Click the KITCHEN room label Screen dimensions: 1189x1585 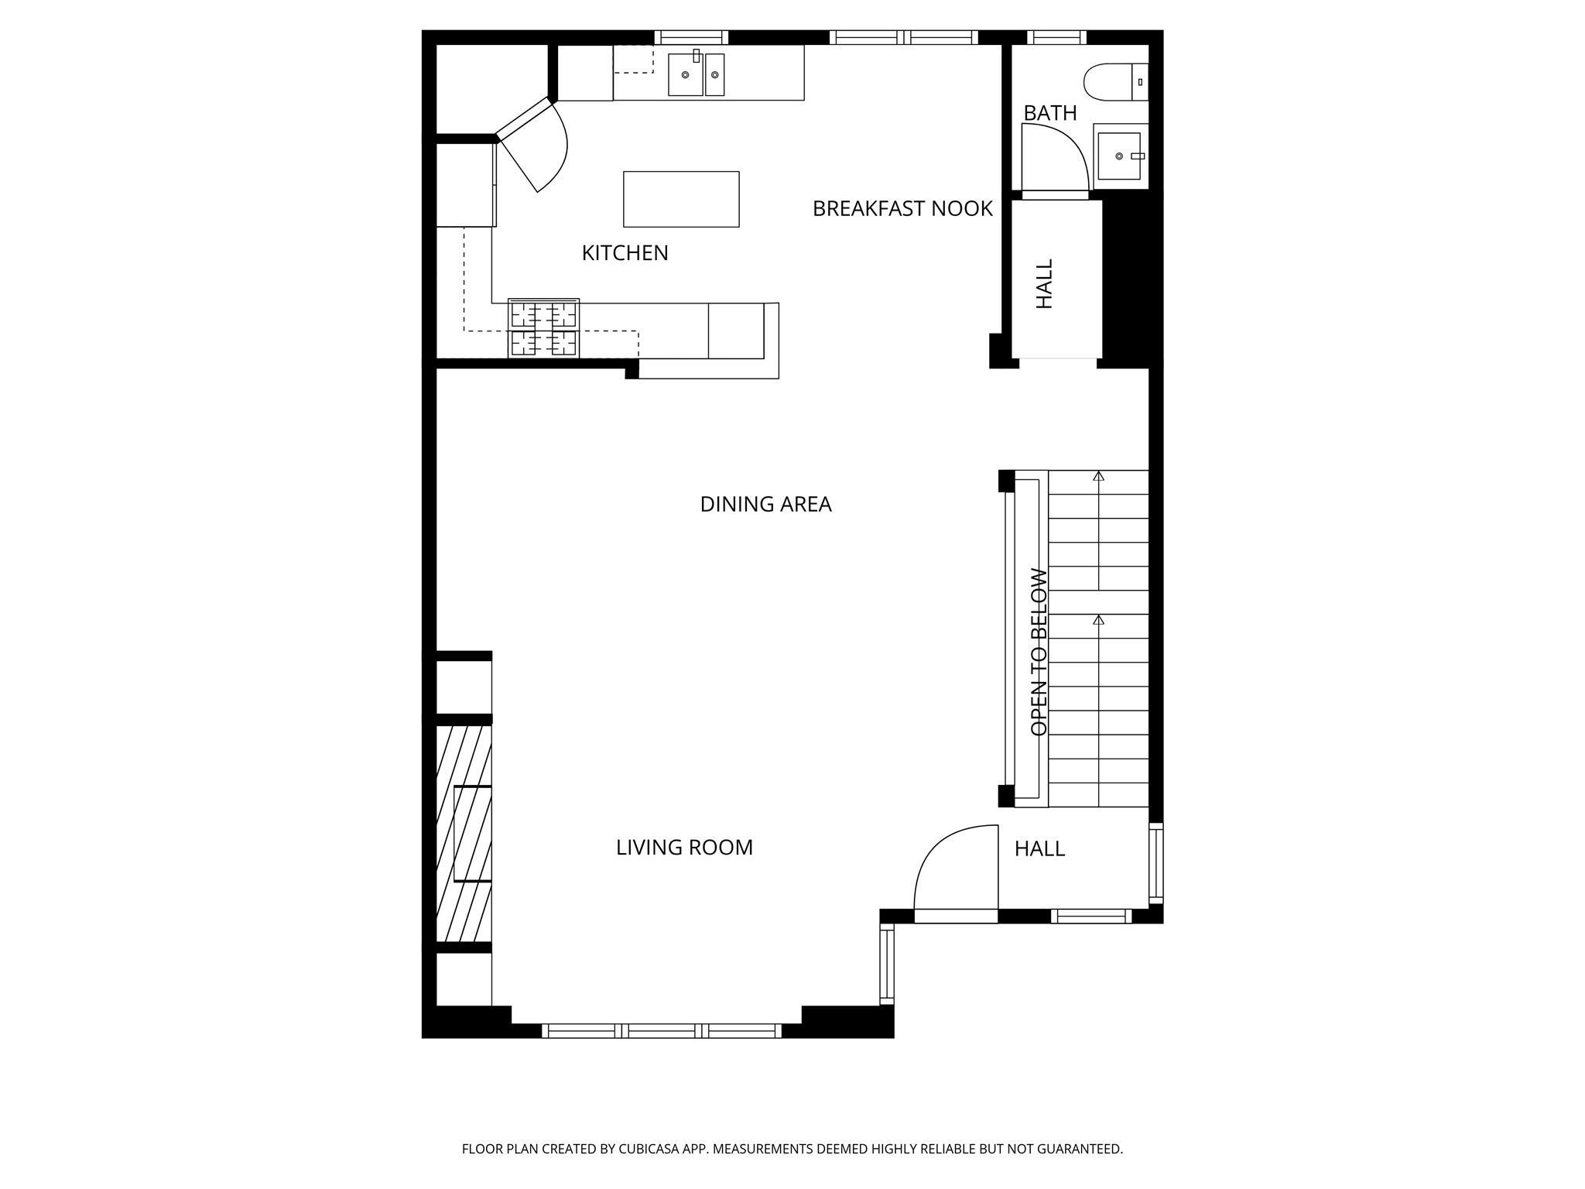[625, 253]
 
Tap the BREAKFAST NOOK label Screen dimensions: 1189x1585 [902, 208]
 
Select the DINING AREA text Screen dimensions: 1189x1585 [765, 504]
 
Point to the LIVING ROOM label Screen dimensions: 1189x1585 [684, 848]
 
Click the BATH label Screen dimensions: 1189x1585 [1049, 113]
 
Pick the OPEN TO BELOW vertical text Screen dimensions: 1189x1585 [1039, 652]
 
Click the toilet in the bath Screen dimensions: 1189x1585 [1114, 81]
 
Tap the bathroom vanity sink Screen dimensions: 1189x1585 [1119, 156]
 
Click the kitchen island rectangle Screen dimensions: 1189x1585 [681, 199]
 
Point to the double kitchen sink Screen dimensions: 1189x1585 [696, 74]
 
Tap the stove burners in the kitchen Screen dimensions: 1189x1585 [543, 328]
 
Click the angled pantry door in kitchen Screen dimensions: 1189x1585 [534, 147]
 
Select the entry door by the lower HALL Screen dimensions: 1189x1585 [955, 871]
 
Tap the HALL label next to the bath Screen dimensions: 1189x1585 [1044, 284]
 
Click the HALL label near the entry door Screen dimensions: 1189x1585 [1039, 849]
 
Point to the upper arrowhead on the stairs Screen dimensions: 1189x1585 [1098, 476]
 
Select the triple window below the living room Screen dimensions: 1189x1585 [661, 1030]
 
